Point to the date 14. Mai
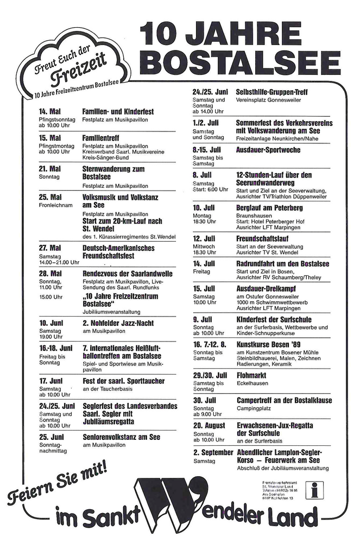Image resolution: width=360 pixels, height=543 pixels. (x=49, y=111)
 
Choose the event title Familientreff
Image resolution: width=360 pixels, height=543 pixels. (x=101, y=137)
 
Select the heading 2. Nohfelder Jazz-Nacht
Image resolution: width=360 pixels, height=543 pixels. (x=118, y=323)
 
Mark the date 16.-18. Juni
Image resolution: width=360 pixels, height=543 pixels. (x=55, y=348)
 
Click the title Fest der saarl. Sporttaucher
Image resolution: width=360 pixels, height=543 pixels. (x=123, y=381)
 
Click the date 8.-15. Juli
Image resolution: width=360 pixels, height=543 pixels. (x=207, y=149)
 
